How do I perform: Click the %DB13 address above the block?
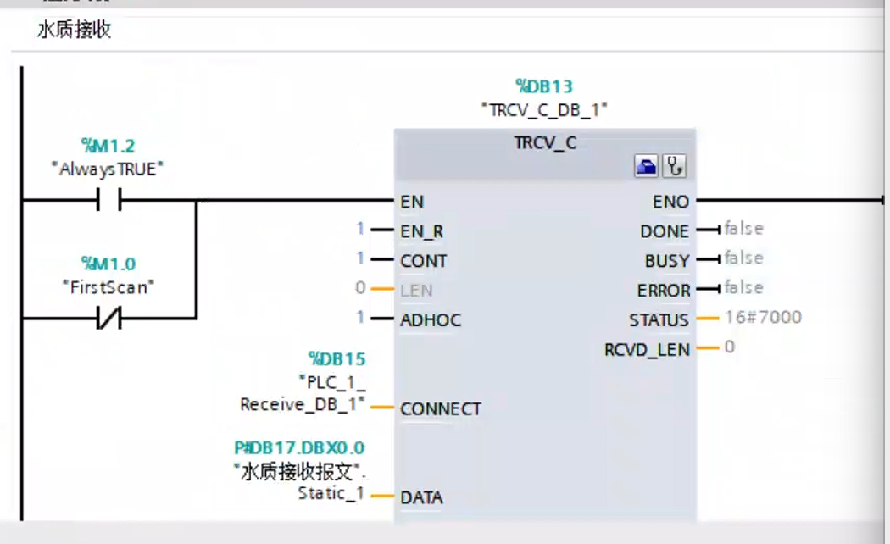[544, 86]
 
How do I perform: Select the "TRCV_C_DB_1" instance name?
[544, 109]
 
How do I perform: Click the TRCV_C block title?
[545, 143]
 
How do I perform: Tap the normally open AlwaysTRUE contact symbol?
[108, 201]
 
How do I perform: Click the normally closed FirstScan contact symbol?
[108, 319]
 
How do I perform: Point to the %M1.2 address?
[107, 145]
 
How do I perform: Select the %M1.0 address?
[108, 264]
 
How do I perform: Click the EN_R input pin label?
[422, 231]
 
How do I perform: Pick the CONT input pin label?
[423, 261]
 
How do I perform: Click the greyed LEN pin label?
[416, 291]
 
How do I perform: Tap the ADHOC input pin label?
[431, 320]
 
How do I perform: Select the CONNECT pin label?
[441, 409]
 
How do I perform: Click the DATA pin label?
[421, 497]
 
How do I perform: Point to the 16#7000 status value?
[763, 318]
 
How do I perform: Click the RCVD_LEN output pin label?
[647, 349]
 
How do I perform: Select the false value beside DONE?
[743, 229]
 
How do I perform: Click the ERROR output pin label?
[663, 291]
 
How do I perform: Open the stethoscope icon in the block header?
[676, 167]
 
